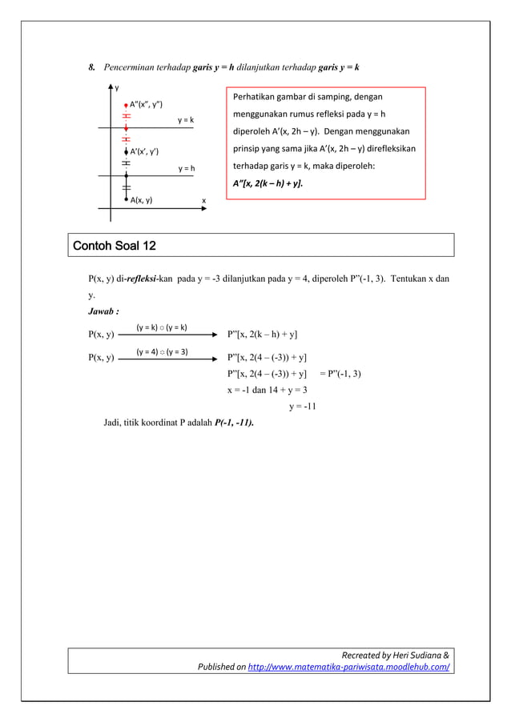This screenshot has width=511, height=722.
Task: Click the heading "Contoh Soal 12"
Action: [115, 245]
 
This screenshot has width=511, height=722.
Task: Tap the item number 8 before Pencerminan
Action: [91, 67]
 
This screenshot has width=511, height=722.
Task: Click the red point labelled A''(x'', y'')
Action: [126, 105]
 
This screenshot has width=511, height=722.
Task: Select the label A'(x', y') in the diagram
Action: [144, 152]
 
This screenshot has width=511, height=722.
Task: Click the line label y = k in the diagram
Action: [186, 120]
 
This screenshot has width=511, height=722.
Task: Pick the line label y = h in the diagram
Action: [186, 169]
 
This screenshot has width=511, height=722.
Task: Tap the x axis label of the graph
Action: [203, 200]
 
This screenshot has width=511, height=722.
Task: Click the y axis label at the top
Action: [116, 88]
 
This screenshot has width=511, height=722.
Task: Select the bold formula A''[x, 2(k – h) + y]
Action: [268, 183]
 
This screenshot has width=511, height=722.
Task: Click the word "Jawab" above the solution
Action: [103, 311]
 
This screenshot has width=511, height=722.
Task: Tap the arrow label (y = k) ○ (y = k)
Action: [161, 327]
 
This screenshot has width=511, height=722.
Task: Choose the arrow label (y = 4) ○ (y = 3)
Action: [162, 351]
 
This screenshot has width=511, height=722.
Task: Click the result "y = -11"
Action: [303, 406]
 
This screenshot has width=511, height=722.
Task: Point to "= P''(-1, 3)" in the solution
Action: [340, 374]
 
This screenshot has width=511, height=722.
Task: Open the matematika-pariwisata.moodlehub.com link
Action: [348, 666]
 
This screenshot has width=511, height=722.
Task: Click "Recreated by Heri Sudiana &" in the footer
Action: [395, 655]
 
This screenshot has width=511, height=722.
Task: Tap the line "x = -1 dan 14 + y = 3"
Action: [268, 390]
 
